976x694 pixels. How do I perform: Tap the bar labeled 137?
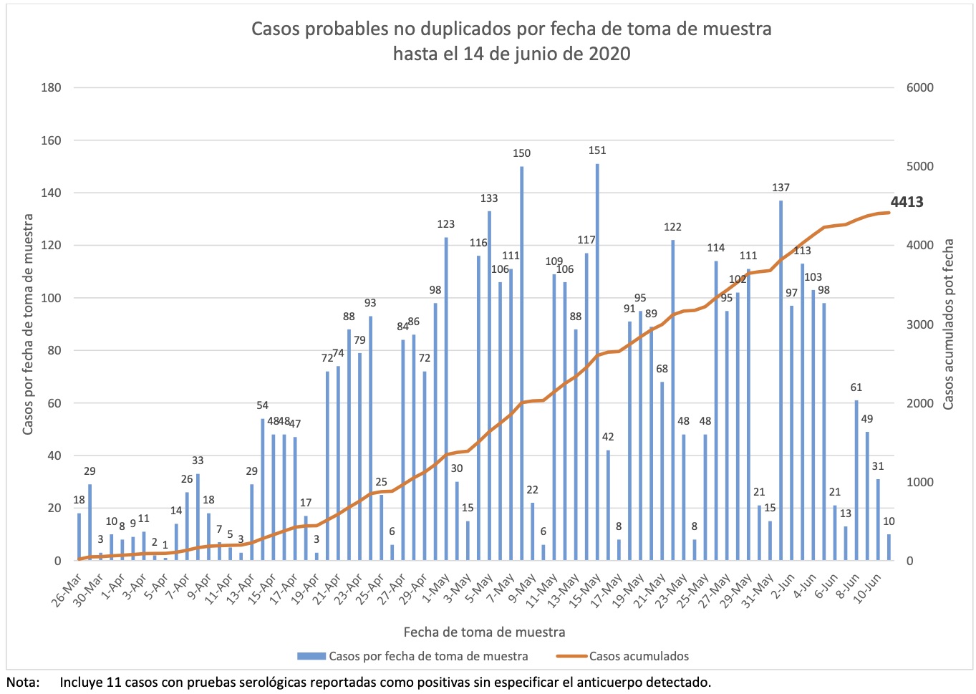[781, 380]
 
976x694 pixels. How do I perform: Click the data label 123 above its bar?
[446, 224]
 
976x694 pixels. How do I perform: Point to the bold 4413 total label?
[907, 202]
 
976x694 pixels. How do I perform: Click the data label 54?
[263, 405]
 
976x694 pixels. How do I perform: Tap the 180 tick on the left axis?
[52, 88]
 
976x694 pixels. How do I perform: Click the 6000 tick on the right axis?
[919, 88]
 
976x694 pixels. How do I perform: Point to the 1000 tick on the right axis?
[919, 482]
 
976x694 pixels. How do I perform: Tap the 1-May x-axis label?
[434, 587]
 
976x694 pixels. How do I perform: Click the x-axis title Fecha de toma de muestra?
[484, 632]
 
